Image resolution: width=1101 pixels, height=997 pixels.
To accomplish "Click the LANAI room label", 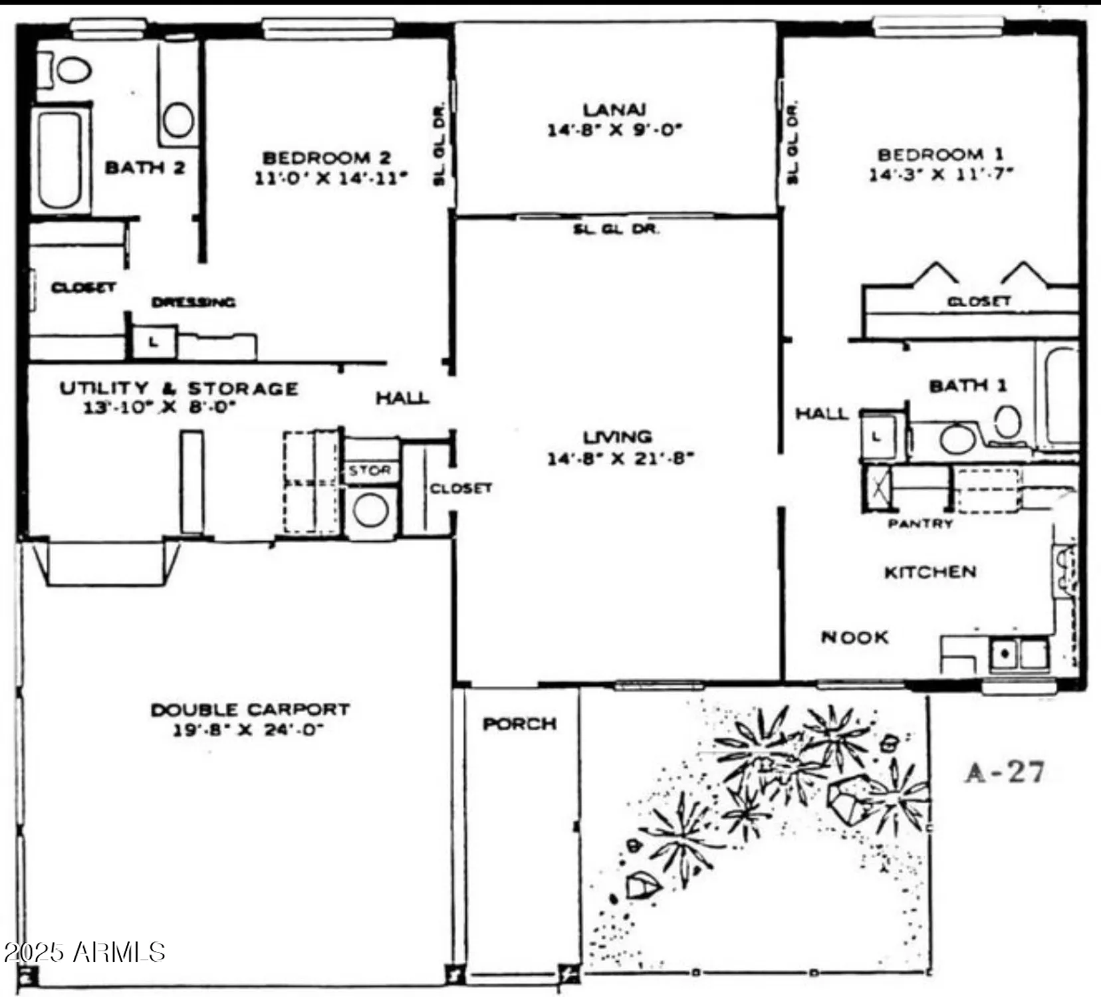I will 614,110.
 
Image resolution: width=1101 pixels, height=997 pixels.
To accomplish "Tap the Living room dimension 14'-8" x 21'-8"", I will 620,459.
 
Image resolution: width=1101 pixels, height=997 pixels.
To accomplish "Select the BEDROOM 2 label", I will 326,158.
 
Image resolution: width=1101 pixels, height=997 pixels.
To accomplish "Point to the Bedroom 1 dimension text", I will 940,175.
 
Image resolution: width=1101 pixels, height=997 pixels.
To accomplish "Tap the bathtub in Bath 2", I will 60,160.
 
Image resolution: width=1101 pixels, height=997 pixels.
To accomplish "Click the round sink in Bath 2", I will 178,120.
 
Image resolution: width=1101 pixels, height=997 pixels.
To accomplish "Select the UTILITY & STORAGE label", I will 178,389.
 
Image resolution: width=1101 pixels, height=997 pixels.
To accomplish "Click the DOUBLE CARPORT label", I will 249,710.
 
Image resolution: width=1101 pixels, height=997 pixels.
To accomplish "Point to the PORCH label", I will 519,724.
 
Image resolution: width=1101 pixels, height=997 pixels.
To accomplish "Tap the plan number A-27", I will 1005,772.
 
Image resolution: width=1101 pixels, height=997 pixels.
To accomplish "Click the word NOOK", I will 854,638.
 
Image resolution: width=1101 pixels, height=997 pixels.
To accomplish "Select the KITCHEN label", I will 929,572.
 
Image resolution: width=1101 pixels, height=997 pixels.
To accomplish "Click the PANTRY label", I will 920,524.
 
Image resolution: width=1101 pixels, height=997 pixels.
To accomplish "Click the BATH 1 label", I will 967,386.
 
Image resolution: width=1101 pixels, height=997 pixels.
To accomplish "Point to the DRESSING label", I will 193,302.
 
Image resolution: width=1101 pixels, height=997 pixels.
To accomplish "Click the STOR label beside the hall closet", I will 370,471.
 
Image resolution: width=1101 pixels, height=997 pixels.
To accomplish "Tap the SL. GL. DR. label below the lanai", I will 616,230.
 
